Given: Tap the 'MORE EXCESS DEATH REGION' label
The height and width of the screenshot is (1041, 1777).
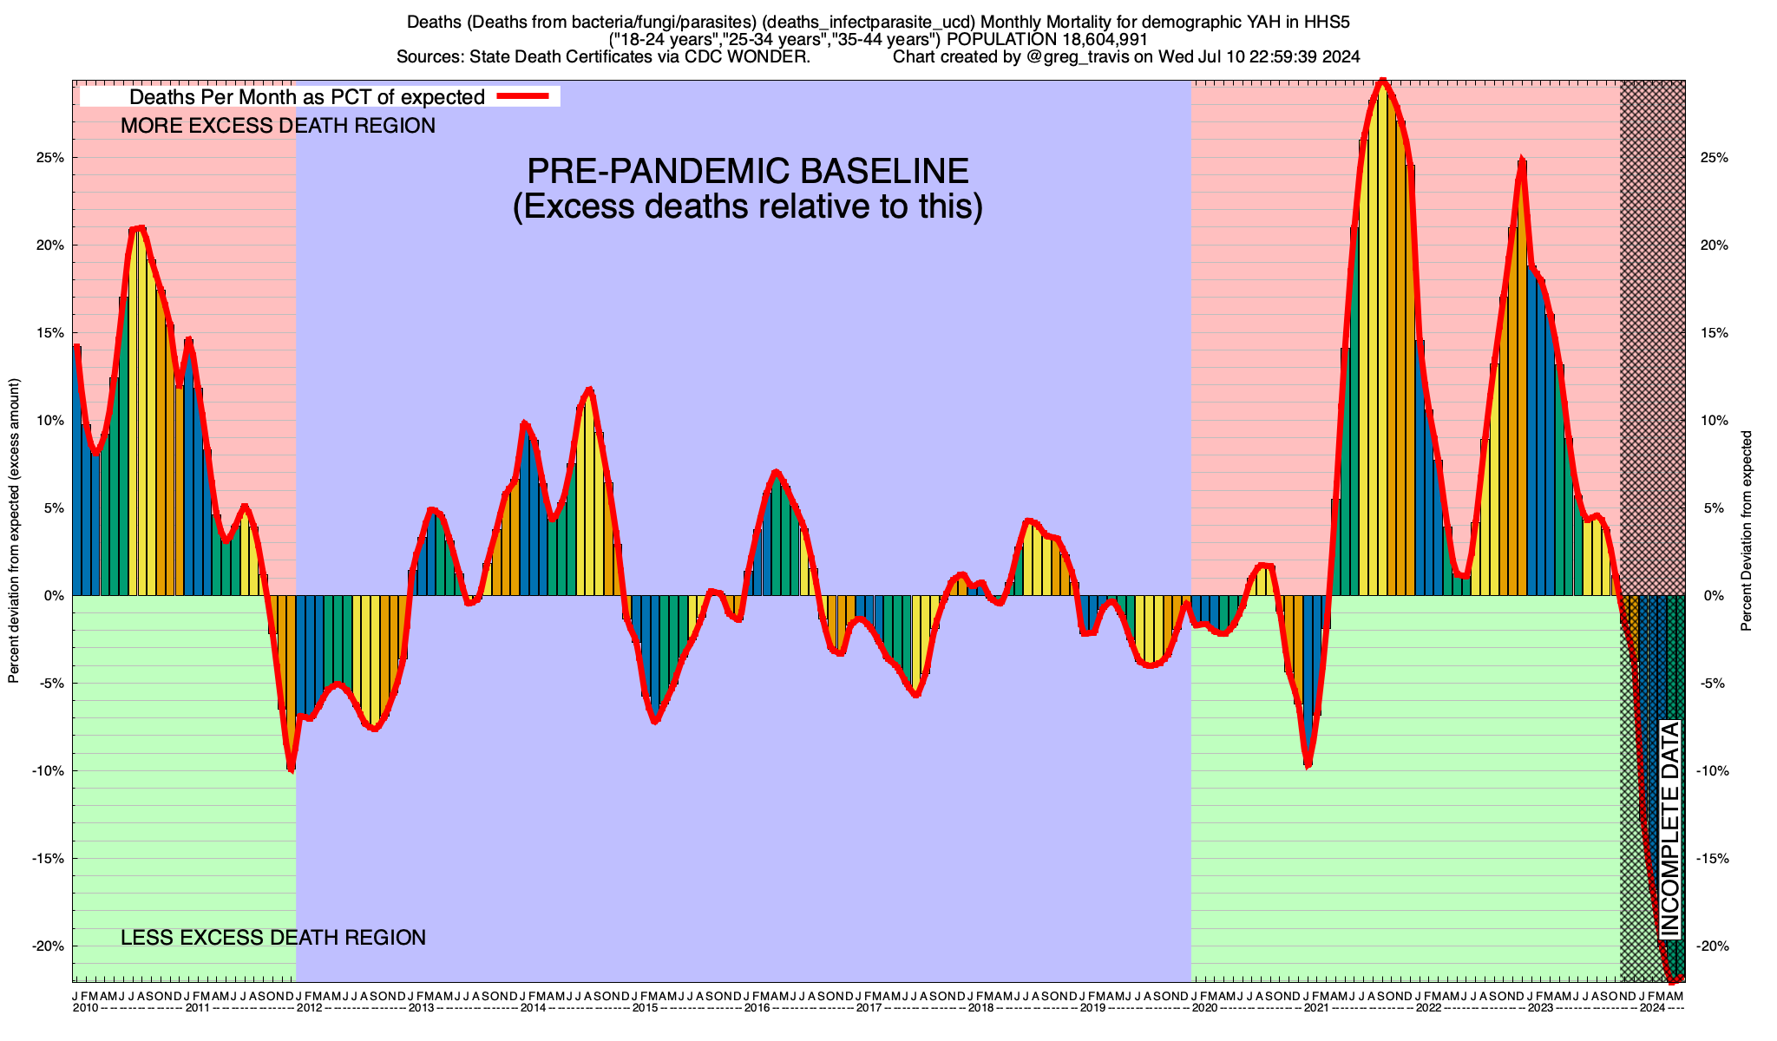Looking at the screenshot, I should click(x=278, y=126).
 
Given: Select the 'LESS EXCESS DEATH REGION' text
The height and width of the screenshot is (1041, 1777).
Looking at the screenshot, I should click(x=273, y=938).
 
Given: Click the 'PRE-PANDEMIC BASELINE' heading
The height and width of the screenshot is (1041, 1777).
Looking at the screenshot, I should click(x=748, y=171).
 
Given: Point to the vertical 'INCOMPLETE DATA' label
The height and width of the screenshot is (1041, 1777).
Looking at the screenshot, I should click(x=1670, y=828).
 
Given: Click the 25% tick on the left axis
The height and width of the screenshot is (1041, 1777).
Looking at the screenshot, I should click(x=50, y=158).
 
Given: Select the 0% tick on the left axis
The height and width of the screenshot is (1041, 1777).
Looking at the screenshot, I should click(x=55, y=596).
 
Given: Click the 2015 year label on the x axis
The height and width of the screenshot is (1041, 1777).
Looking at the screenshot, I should click(x=645, y=1008).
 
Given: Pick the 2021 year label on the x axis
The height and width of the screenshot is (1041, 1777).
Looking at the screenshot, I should click(x=1316, y=1008).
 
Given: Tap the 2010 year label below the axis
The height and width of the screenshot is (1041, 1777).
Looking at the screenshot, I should click(x=85, y=1008).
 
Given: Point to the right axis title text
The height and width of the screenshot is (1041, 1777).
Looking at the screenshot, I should click(x=1746, y=531).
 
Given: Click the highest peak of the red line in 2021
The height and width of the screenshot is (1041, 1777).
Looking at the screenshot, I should click(x=1382, y=82).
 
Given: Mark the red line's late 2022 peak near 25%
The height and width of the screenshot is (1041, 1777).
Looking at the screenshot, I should click(x=1521, y=160).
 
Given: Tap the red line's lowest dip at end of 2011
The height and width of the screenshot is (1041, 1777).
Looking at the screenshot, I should click(x=291, y=769).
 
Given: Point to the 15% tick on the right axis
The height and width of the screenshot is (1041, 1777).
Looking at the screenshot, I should click(x=1715, y=333).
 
